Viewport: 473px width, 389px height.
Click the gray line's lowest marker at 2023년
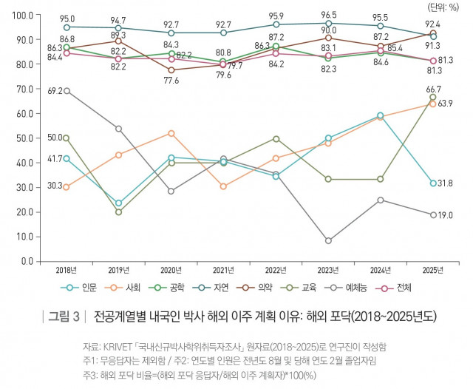[328, 241]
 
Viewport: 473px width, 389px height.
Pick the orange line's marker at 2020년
[171, 133]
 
